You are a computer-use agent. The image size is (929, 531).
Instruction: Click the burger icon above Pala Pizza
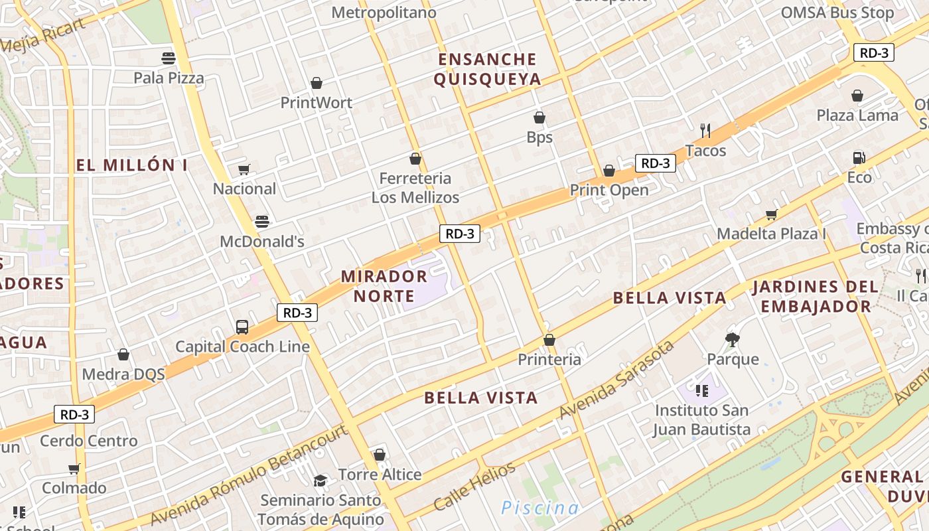pyautogui.click(x=169, y=58)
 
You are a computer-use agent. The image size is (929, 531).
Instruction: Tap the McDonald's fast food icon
pyautogui.click(x=262, y=221)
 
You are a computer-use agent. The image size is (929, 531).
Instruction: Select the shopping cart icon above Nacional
pyautogui.click(x=244, y=169)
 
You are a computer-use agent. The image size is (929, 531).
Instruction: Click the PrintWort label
pyautogui.click(x=316, y=102)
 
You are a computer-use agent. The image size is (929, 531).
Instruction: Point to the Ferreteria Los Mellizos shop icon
pyautogui.click(x=415, y=159)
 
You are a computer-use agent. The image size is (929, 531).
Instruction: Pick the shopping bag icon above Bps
pyautogui.click(x=539, y=117)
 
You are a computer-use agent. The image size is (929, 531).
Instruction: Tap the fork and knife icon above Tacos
pyautogui.click(x=705, y=130)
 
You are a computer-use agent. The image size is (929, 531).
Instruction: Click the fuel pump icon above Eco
pyautogui.click(x=859, y=157)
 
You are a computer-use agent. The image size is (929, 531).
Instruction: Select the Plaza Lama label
pyautogui.click(x=857, y=115)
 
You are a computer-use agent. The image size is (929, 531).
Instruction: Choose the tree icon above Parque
pyautogui.click(x=733, y=340)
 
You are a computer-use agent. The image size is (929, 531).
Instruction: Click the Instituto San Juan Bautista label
pyautogui.click(x=701, y=420)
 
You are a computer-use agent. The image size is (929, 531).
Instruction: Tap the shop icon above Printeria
pyautogui.click(x=549, y=340)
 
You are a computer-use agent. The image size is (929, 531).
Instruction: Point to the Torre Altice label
pyautogui.click(x=380, y=475)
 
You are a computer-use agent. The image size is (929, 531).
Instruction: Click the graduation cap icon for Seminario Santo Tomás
pyautogui.click(x=321, y=481)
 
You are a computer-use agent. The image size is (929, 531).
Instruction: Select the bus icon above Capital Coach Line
pyautogui.click(x=242, y=327)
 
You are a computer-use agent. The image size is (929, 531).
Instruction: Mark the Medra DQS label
pyautogui.click(x=123, y=374)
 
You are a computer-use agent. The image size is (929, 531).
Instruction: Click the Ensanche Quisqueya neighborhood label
pyautogui.click(x=488, y=70)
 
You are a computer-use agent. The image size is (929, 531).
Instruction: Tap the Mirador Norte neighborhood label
pyautogui.click(x=384, y=285)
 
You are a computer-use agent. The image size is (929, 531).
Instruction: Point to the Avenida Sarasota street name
pyautogui.click(x=616, y=380)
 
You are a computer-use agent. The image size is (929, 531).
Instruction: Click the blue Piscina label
pyautogui.click(x=539, y=508)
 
